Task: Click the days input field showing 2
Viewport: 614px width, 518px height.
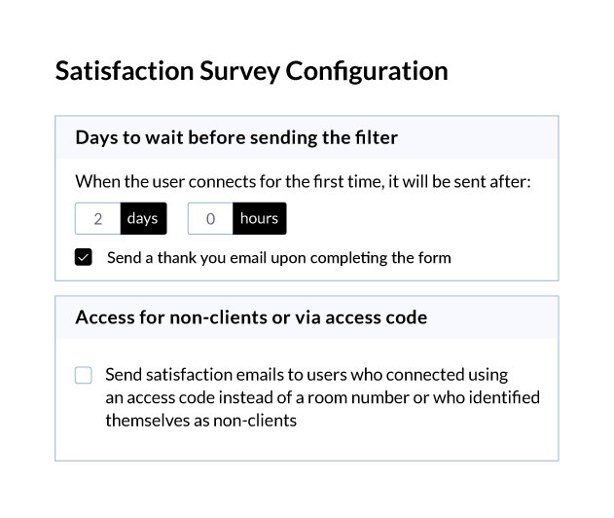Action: pos(98,219)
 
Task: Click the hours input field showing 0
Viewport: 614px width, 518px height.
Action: pos(210,219)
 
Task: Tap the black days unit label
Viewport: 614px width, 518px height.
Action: pos(143,219)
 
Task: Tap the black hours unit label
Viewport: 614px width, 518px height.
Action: pos(259,219)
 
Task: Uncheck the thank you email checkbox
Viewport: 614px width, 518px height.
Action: pos(84,257)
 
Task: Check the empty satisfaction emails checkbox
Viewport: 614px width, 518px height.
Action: pos(84,375)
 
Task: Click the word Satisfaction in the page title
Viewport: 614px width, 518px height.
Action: pos(125,71)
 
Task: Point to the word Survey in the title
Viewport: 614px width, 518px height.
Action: pos(240,72)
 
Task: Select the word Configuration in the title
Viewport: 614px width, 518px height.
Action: pos(367,72)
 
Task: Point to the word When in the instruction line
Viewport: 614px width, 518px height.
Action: pos(97,181)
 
